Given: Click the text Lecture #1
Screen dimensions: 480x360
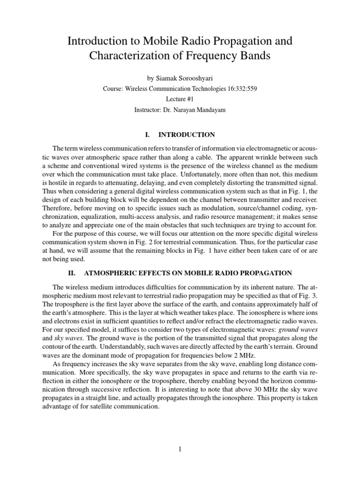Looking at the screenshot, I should coord(180,99).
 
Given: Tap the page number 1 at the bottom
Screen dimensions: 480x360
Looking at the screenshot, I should coord(180,449).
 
